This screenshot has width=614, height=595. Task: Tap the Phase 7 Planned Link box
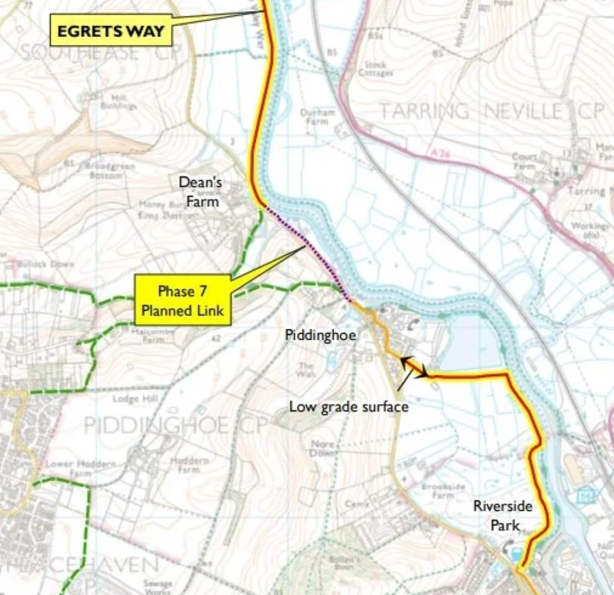(x=183, y=300)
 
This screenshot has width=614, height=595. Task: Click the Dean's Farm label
(x=200, y=192)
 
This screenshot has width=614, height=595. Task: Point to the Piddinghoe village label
(x=321, y=335)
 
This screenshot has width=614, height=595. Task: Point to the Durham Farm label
(x=317, y=117)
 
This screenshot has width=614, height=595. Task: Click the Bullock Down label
(x=45, y=264)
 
